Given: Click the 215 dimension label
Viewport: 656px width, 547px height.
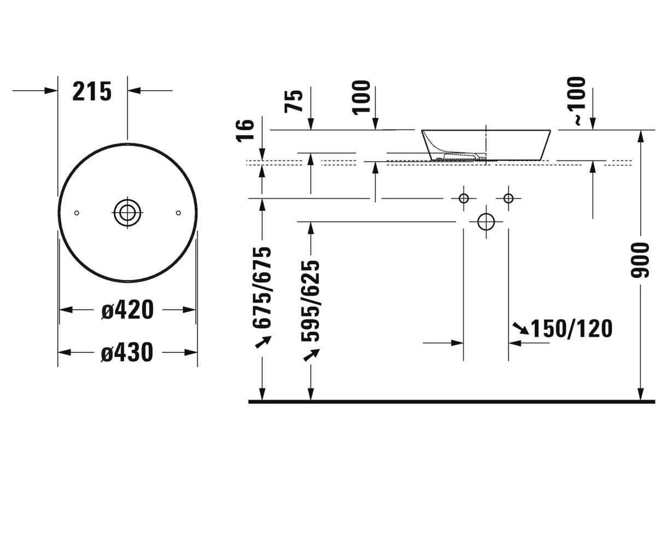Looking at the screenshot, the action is click(92, 91).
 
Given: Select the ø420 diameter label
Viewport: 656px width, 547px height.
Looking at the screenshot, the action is click(127, 310).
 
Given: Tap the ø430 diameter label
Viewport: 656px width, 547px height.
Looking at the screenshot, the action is click(127, 352).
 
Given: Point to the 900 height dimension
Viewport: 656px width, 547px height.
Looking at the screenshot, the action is click(640, 260).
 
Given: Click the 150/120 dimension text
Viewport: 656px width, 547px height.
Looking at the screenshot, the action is click(571, 329).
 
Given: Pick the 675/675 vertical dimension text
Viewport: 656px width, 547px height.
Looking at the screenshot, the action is click(261, 288).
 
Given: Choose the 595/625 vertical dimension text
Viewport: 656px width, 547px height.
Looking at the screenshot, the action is click(310, 301).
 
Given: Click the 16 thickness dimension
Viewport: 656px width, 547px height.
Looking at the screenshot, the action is click(245, 131).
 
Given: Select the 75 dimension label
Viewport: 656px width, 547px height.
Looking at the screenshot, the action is click(294, 101).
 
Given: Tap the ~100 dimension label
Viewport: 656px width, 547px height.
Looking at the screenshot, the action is click(577, 101).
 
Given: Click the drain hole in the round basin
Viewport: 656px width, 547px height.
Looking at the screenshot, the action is click(127, 213).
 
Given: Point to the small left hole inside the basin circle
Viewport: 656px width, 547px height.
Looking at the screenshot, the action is click(77, 213).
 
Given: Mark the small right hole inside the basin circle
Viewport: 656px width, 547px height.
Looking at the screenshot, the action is click(178, 213).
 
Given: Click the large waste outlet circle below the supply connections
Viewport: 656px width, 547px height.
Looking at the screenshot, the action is click(486, 222).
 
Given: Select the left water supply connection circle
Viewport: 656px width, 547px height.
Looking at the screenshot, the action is click(464, 199).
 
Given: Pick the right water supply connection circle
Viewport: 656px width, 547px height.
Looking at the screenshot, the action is click(508, 199).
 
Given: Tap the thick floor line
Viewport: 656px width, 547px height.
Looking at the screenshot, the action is click(452, 401).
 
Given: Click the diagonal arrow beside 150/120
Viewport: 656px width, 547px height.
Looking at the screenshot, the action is click(520, 328).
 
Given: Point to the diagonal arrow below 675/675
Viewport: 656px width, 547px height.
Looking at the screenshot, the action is click(263, 342).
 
